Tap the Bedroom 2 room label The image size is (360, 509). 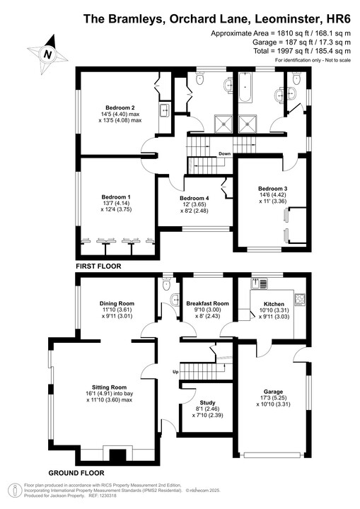(x=120, y=107)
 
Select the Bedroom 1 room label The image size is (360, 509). (x=115, y=197)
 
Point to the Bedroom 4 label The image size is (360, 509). (x=194, y=198)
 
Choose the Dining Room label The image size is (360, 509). (x=117, y=304)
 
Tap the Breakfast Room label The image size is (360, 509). (x=207, y=304)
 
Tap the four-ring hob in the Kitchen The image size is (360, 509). (x=299, y=300)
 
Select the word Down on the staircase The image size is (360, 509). (x=224, y=153)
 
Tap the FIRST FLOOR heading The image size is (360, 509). (x=98, y=267)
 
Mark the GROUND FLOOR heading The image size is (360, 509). (x=76, y=472)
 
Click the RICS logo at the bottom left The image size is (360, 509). (x=13, y=490)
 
